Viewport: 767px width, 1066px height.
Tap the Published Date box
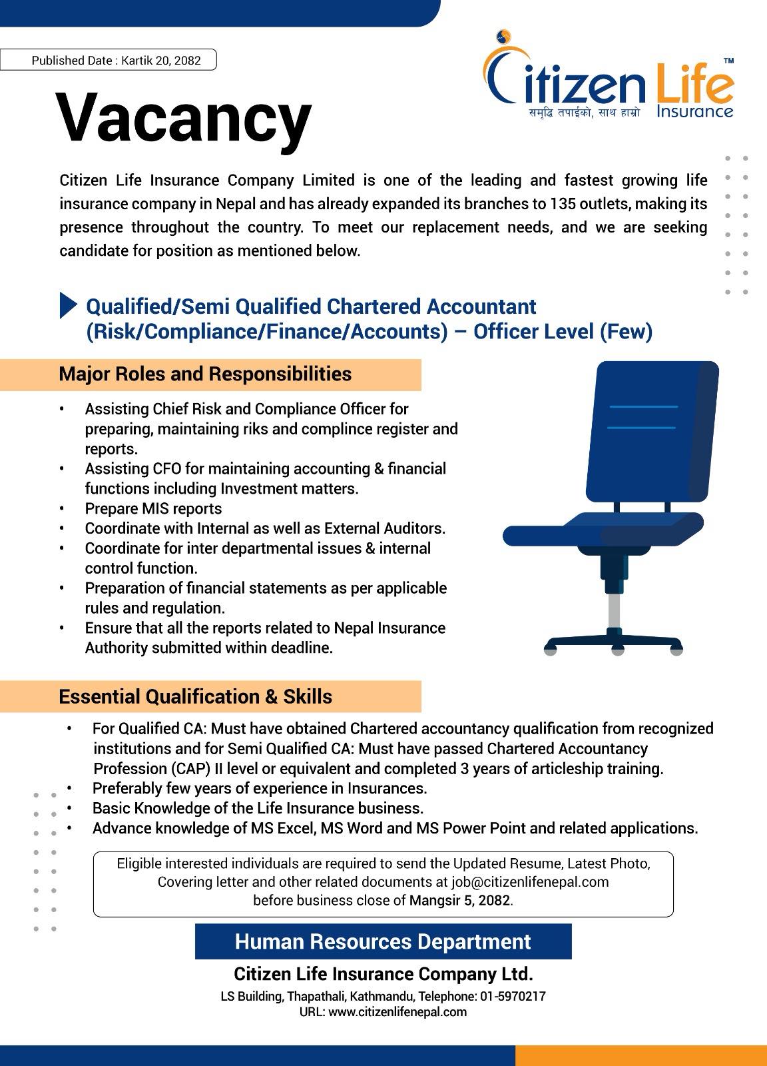coord(109,60)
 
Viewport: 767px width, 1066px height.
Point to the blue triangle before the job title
coord(68,305)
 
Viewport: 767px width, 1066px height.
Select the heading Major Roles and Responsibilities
coord(205,374)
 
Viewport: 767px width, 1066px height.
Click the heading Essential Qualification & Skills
coord(196,697)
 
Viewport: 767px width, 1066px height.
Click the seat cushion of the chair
coord(603,530)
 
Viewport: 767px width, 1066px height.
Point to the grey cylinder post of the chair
coord(615,610)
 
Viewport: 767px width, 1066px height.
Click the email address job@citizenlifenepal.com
coord(530,882)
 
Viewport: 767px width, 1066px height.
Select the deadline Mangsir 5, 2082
coord(459,901)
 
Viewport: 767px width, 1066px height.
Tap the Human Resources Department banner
coord(383,941)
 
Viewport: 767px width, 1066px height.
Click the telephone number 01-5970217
coord(513,997)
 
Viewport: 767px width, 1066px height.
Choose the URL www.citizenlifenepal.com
coord(397,1012)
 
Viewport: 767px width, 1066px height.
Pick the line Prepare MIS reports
coord(153,509)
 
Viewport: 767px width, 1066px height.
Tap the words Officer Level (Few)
coord(563,331)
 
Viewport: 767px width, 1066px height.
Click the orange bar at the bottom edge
coord(640,1055)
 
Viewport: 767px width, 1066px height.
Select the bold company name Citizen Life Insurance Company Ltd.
coord(383,974)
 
